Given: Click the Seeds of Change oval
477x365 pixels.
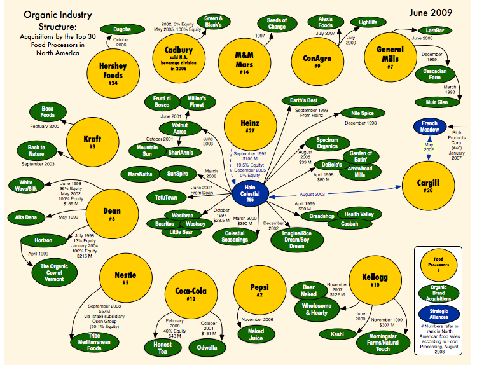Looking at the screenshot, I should coord(277,24).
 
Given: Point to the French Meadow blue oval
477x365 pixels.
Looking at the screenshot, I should coord(431,126).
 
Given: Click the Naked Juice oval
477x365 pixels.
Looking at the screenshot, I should coord(256,334).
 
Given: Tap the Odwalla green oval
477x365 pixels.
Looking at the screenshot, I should coord(207,347).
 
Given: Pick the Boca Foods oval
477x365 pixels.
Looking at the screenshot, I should coord(47,113).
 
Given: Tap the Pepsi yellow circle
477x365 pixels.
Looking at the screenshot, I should coord(256,290).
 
